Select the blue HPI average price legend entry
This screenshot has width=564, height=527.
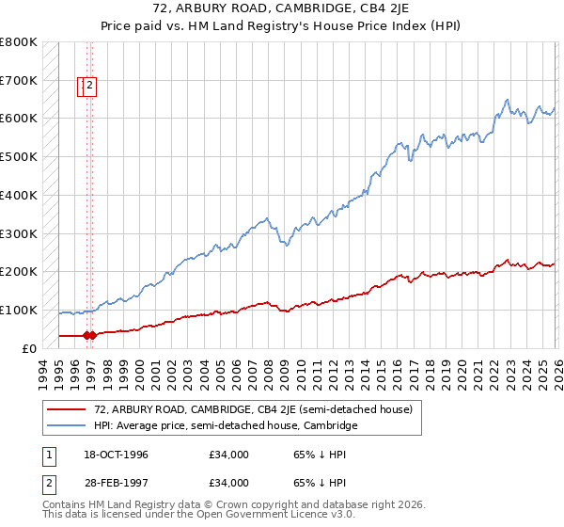pos(226,425)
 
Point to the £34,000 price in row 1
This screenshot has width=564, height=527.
pos(229,455)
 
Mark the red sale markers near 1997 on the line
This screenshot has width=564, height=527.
pos(89,334)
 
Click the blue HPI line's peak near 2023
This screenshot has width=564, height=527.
pos(507,100)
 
